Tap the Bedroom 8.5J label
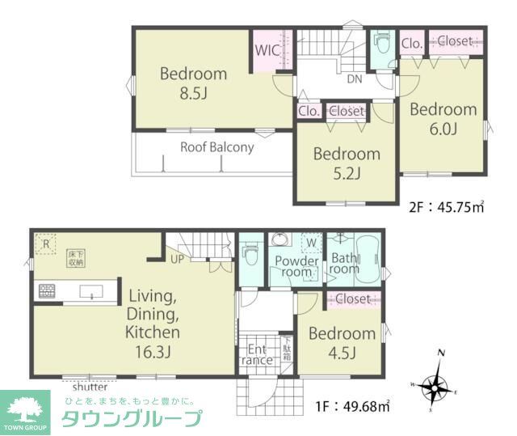(x=194, y=83)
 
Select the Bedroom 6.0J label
(x=443, y=118)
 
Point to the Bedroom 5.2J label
(x=347, y=163)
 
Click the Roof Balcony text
(x=216, y=147)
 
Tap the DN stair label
(x=355, y=79)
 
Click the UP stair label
(x=177, y=259)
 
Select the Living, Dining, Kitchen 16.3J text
(x=153, y=315)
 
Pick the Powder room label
(x=296, y=266)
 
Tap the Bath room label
(x=343, y=263)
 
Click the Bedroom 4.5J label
(x=342, y=342)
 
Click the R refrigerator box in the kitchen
(x=47, y=242)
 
